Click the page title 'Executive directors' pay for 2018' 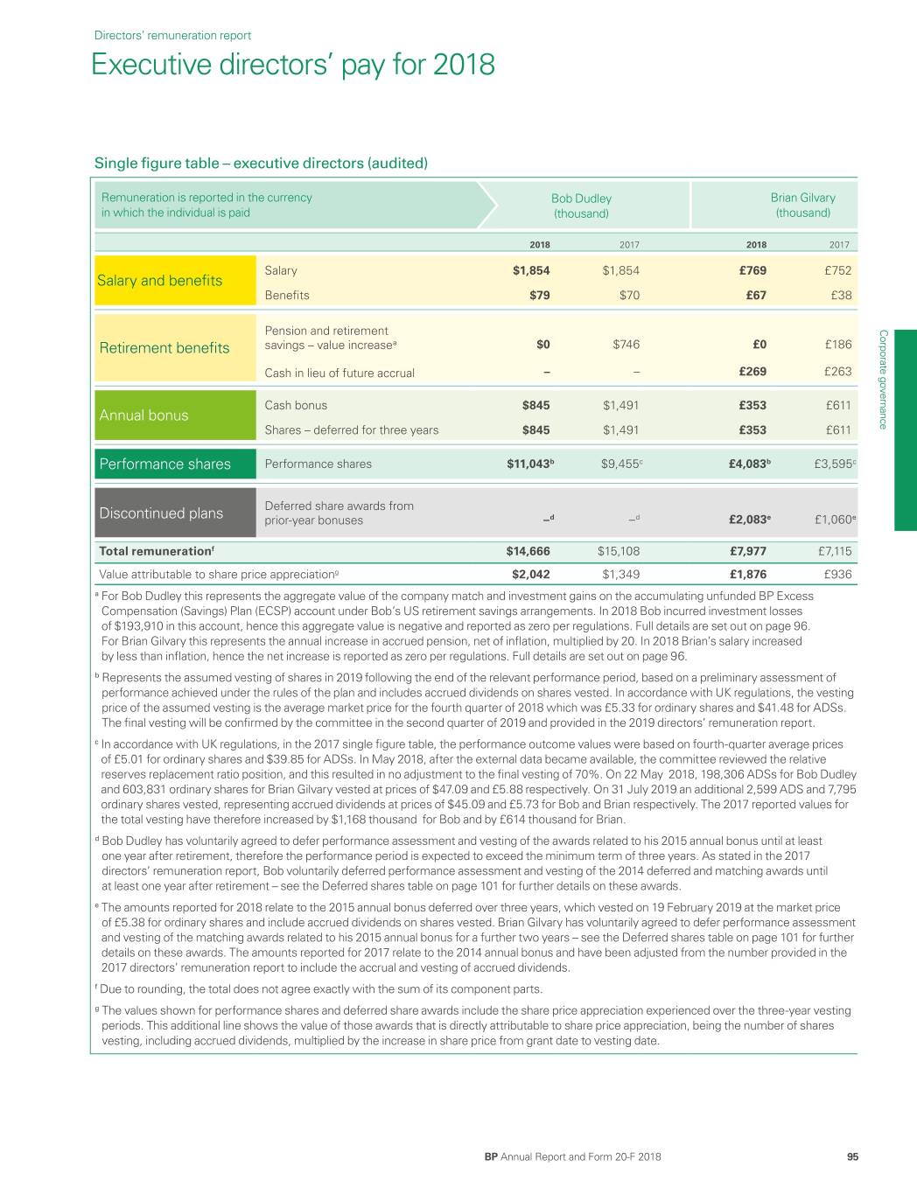point(293,65)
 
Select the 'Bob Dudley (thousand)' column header point(581,206)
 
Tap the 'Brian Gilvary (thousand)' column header point(802,206)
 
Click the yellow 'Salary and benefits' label point(161,281)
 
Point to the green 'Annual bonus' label point(144,415)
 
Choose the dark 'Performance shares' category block point(165,464)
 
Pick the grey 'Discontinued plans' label point(162,513)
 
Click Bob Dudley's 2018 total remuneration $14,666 point(528,552)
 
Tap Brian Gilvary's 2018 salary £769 point(752,271)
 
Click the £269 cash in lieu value point(752,372)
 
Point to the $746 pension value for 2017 point(626,345)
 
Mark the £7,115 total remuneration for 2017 point(832,552)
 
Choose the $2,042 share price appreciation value point(530,575)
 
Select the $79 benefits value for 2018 point(540,296)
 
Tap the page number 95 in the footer point(852,1157)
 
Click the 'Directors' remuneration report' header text point(172,36)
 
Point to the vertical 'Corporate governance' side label point(883,379)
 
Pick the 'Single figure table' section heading point(261,163)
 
